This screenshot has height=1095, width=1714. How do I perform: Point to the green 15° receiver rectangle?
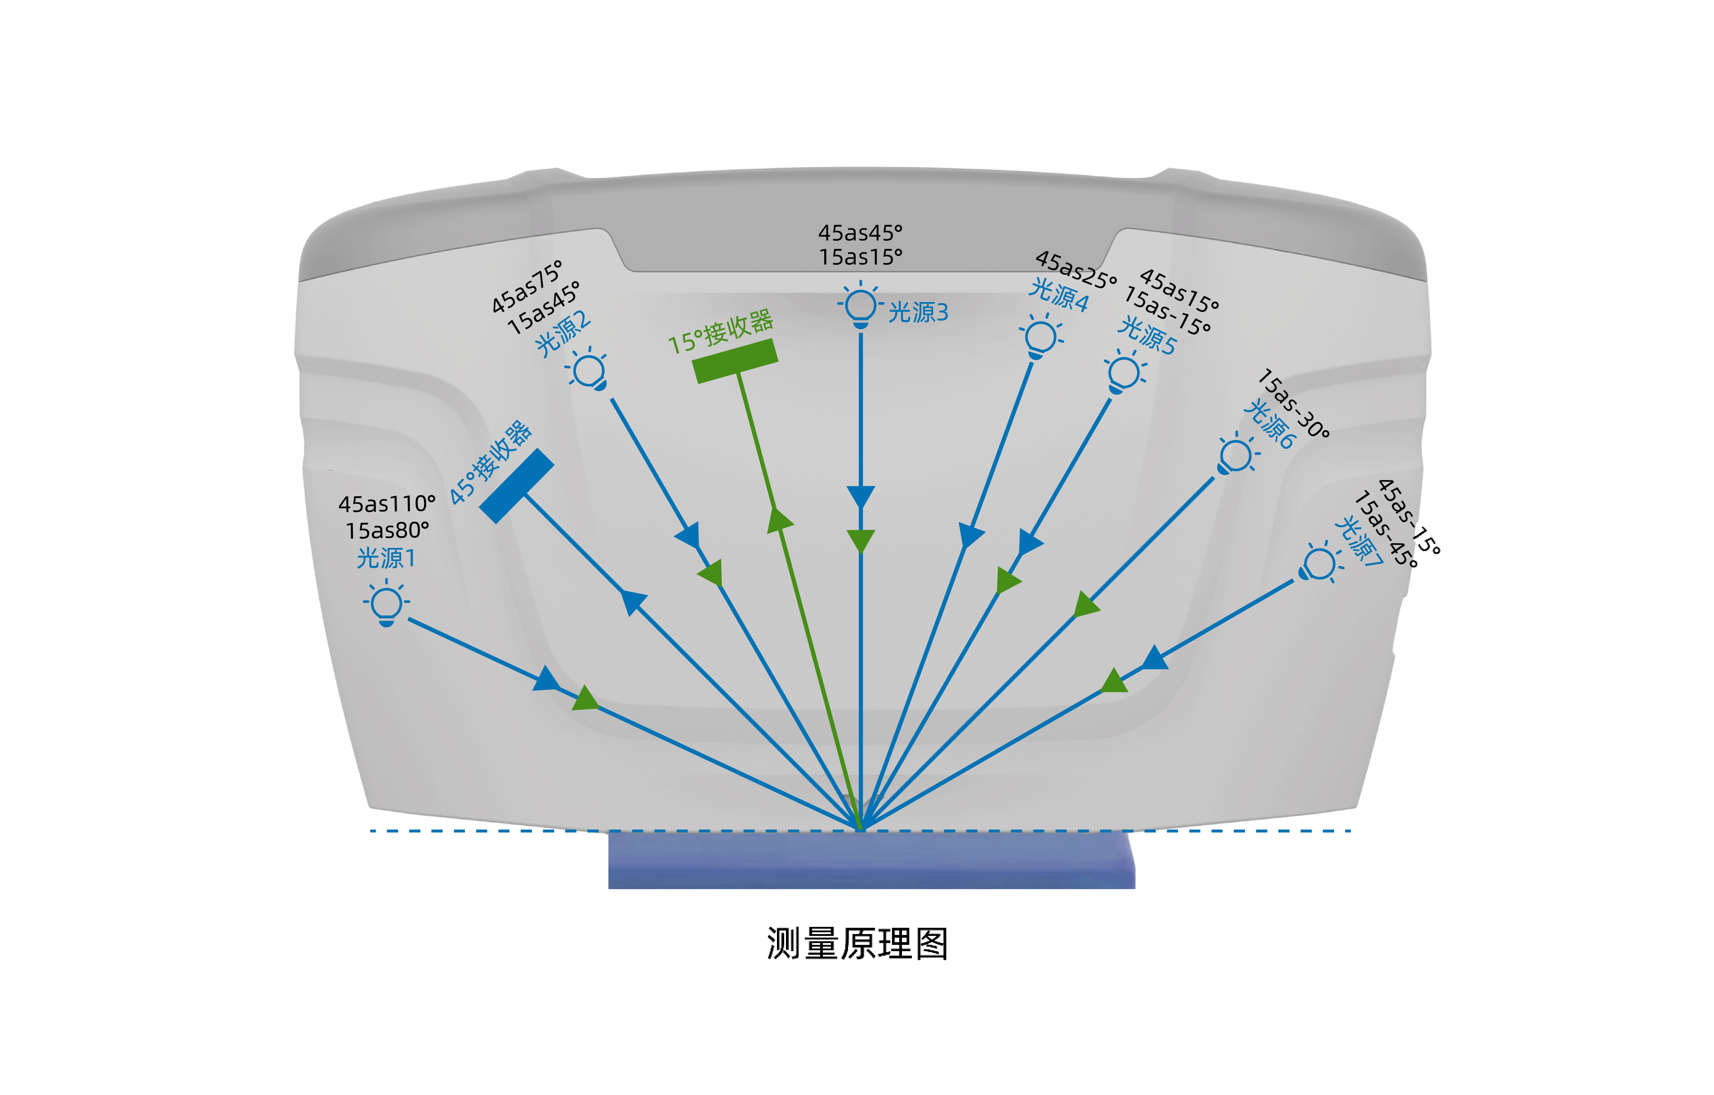click(735, 361)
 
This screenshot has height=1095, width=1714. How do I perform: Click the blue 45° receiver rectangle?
click(517, 486)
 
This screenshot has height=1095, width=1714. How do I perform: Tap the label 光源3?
click(918, 312)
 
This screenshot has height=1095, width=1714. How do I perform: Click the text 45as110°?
click(387, 504)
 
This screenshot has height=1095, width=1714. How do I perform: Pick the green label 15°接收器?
click(720, 332)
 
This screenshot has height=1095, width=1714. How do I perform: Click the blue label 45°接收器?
click(491, 463)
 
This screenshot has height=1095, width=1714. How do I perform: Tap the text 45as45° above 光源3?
click(860, 233)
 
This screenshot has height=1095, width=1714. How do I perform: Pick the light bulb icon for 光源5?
click(1124, 373)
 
